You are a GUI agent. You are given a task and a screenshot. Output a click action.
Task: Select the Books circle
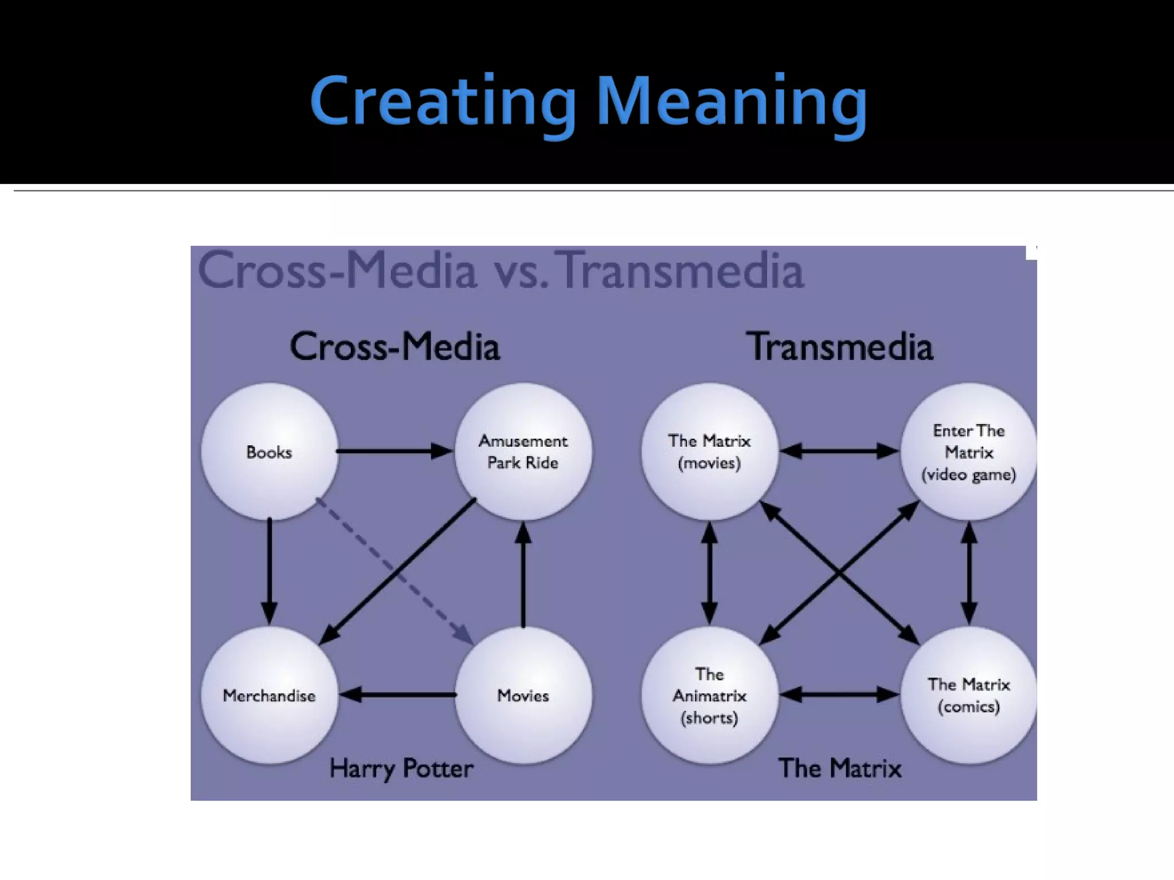[269, 452]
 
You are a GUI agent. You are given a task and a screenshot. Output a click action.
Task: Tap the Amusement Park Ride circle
[523, 452]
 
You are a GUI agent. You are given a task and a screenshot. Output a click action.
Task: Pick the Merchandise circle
[269, 696]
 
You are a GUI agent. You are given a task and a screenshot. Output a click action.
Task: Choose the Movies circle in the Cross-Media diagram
[523, 696]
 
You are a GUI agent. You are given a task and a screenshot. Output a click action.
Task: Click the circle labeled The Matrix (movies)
[710, 452]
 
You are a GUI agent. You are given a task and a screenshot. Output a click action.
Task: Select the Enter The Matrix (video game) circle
[969, 452]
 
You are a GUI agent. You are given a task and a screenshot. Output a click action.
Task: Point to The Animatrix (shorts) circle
[710, 696]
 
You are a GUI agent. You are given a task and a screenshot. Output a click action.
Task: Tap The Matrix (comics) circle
[969, 696]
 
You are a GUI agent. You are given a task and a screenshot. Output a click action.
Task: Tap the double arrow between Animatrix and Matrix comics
[839, 695]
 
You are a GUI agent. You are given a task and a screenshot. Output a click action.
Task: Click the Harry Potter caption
[401, 768]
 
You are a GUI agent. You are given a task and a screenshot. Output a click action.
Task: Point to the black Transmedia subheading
[839, 347]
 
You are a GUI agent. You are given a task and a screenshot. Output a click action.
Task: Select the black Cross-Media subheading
[395, 347]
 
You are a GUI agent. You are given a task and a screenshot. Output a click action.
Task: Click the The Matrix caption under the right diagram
[839, 768]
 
